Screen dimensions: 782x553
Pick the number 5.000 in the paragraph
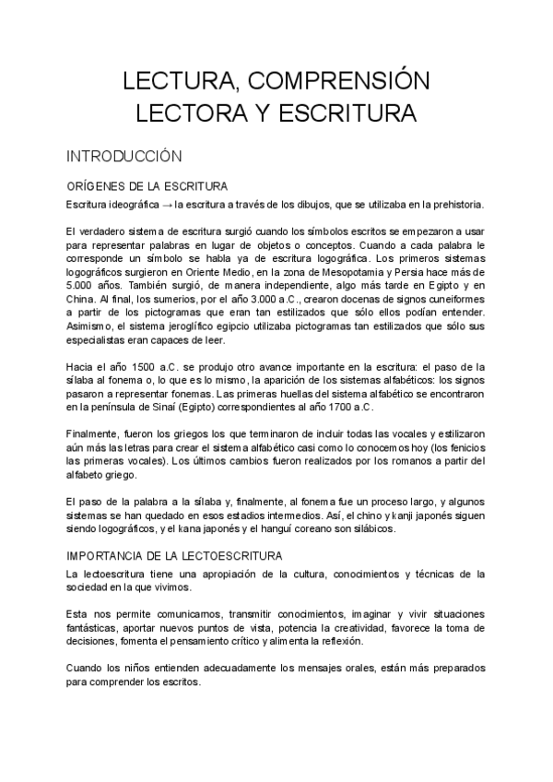click(82, 286)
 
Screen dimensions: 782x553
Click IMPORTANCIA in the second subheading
click(106, 556)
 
